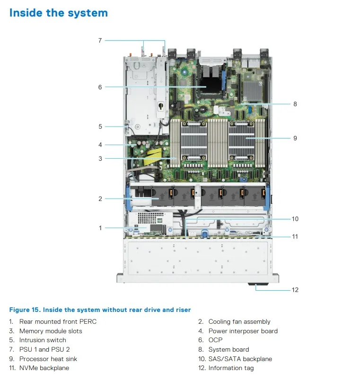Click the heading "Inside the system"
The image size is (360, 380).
pyautogui.click(x=59, y=13)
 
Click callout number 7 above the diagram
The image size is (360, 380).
pyautogui.click(x=100, y=41)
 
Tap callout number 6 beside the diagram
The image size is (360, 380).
pyautogui.click(x=100, y=87)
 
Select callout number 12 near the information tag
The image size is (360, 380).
pyautogui.click(x=295, y=290)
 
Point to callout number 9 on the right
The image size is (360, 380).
pyautogui.click(x=295, y=138)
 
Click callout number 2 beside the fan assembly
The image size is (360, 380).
pyautogui.click(x=100, y=199)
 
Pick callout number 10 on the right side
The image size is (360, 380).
pyautogui.click(x=295, y=219)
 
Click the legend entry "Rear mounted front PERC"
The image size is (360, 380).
pyautogui.click(x=58, y=322)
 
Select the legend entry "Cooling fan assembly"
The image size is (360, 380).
pyautogui.click(x=239, y=322)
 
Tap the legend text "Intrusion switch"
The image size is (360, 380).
pyautogui.click(x=43, y=340)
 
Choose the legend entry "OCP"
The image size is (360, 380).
pyautogui.click(x=215, y=340)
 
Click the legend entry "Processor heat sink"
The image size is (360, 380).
pyautogui.click(x=48, y=359)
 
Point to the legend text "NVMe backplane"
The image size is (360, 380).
pyautogui.click(x=44, y=368)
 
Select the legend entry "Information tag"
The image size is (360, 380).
pyautogui.click(x=231, y=368)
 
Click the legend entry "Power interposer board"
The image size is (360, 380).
pyautogui.click(x=243, y=331)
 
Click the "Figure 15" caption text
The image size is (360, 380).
pyautogui.click(x=100, y=310)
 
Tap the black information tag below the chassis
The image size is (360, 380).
pyautogui.click(x=256, y=285)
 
